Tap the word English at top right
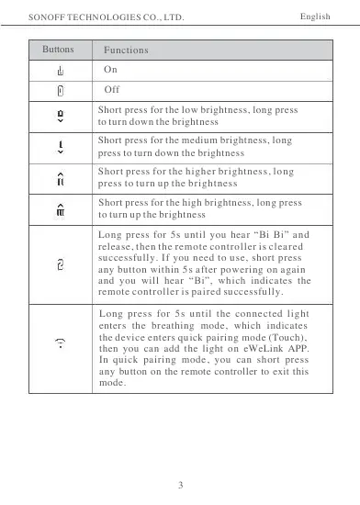pos(317,17)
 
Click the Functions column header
pos(126,48)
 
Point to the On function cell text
pos(111,70)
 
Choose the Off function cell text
pos(112,90)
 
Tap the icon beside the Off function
pos(60,91)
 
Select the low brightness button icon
pos(60,116)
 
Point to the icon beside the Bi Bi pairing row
pos(60,264)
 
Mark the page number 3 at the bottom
pos(181,484)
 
